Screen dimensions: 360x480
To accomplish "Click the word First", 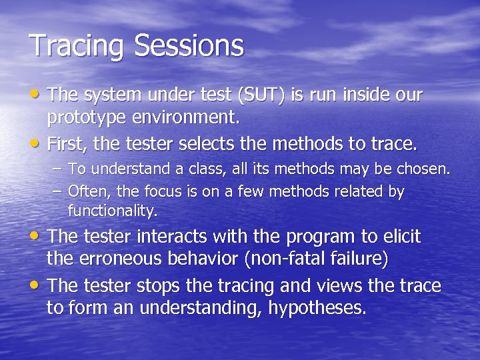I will point(67,143).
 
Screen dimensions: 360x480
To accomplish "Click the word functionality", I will point(113,211).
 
